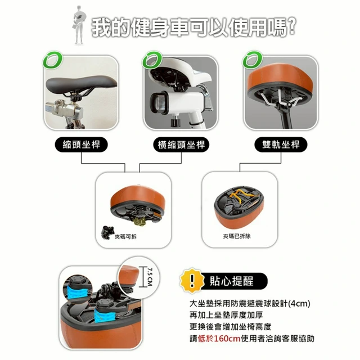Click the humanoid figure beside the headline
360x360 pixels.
click(x=79, y=25)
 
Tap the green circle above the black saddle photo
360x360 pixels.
click(x=52, y=60)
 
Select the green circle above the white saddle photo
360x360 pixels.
click(x=152, y=60)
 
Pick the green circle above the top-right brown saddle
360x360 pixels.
click(x=253, y=60)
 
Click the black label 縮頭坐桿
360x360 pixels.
click(x=81, y=145)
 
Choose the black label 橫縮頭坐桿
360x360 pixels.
click(x=181, y=145)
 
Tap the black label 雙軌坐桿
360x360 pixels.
click(x=281, y=145)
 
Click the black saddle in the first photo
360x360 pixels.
click(x=81, y=84)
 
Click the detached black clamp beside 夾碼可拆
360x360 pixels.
click(x=107, y=232)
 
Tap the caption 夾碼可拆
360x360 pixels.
click(x=125, y=237)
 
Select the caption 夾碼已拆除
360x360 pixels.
click(x=237, y=236)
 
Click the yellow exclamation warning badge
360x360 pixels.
click(x=192, y=281)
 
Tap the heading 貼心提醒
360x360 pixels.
click(x=231, y=281)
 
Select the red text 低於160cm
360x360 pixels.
click(x=219, y=339)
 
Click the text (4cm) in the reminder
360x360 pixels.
click(x=299, y=304)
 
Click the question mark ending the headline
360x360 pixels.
click(x=291, y=26)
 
